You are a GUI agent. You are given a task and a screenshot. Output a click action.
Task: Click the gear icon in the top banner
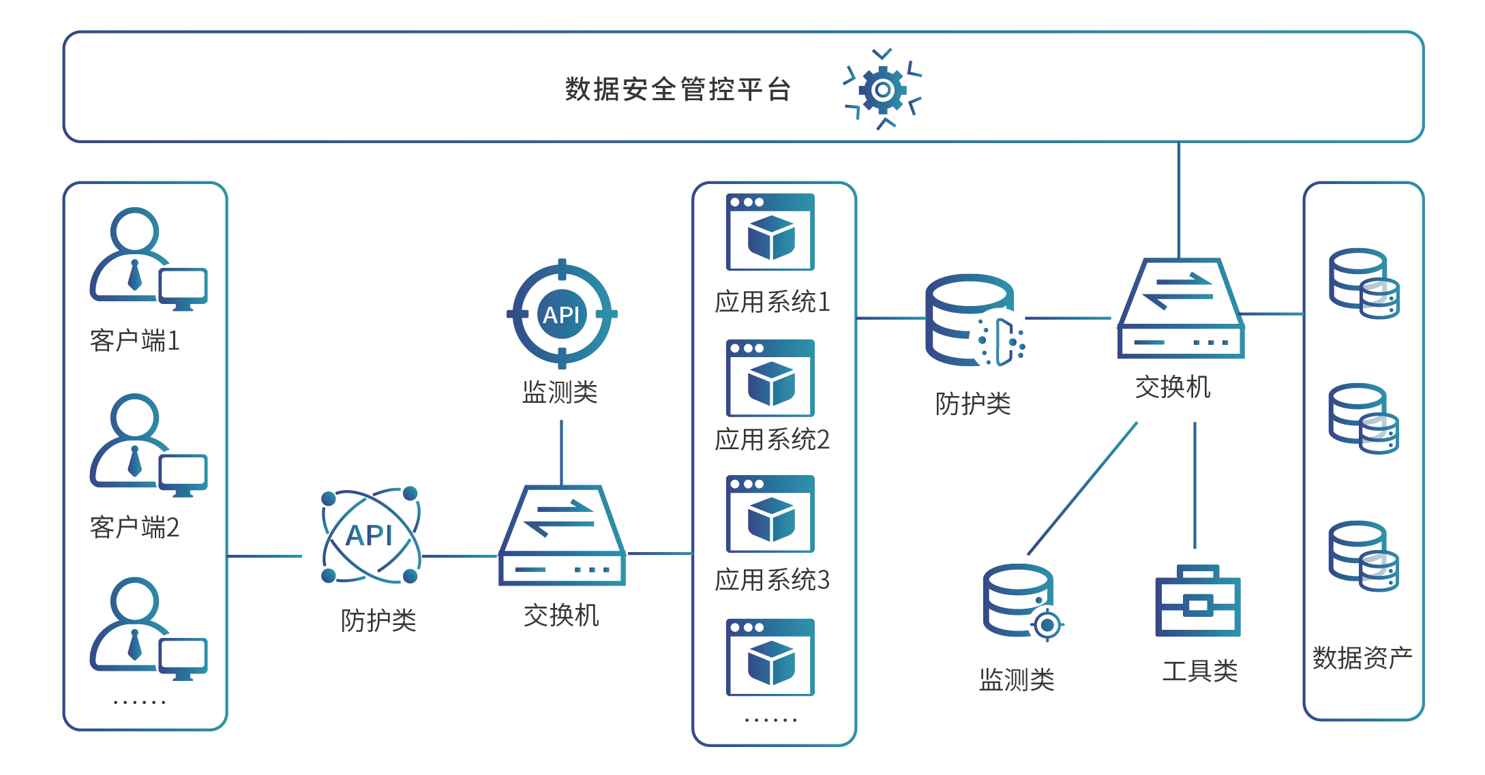click(883, 89)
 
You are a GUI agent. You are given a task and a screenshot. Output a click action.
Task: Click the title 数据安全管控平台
click(678, 89)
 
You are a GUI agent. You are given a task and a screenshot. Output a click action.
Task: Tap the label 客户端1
click(135, 340)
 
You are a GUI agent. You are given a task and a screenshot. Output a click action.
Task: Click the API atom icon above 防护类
click(370, 535)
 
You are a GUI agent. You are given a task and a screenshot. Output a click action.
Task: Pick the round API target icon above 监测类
click(562, 314)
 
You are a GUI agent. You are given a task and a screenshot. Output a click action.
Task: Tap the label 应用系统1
click(772, 302)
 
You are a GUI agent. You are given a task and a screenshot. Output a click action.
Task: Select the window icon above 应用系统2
click(770, 378)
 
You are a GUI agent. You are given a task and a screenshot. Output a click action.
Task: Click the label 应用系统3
click(772, 580)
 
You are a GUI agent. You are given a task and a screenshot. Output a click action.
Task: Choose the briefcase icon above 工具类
click(1197, 601)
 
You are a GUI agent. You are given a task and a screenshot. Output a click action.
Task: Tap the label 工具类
click(1200, 671)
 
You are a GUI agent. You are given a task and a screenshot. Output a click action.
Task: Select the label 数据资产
click(1362, 658)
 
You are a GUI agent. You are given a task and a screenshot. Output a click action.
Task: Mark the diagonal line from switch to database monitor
click(1082, 489)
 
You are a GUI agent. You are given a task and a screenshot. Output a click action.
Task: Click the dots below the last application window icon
click(770, 720)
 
